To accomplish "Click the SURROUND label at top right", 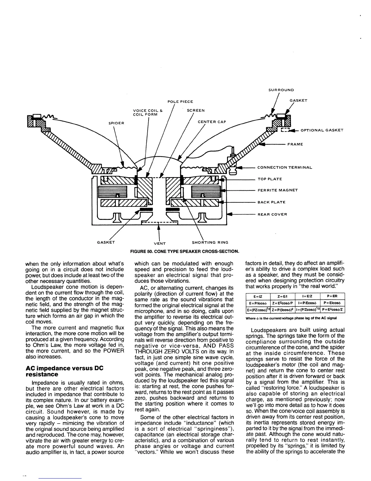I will (281, 90).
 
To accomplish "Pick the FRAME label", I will (295, 144).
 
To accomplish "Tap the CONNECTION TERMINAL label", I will (284, 167).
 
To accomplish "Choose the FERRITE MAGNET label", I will (278, 190).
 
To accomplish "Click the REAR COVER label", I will (272, 214).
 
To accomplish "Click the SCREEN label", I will (196, 111).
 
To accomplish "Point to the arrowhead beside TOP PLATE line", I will (224, 179).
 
